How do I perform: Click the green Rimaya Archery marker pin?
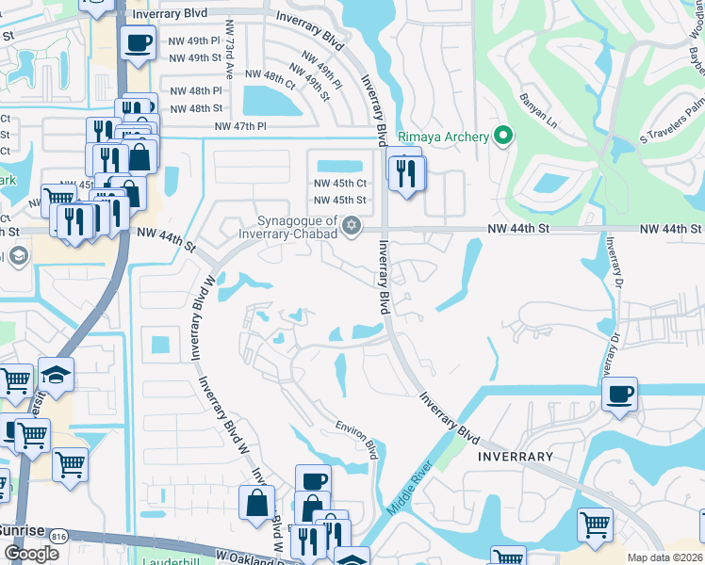point(503,137)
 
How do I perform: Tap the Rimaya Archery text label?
point(443,137)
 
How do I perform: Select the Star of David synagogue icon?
point(352,224)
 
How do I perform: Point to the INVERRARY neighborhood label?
point(516,457)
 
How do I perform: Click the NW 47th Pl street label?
point(241,125)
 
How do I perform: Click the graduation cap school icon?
point(56,375)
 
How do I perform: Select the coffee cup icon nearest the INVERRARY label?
point(619,394)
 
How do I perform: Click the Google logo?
point(31,554)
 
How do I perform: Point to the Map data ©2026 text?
point(665,557)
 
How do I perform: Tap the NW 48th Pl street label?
point(196,90)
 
